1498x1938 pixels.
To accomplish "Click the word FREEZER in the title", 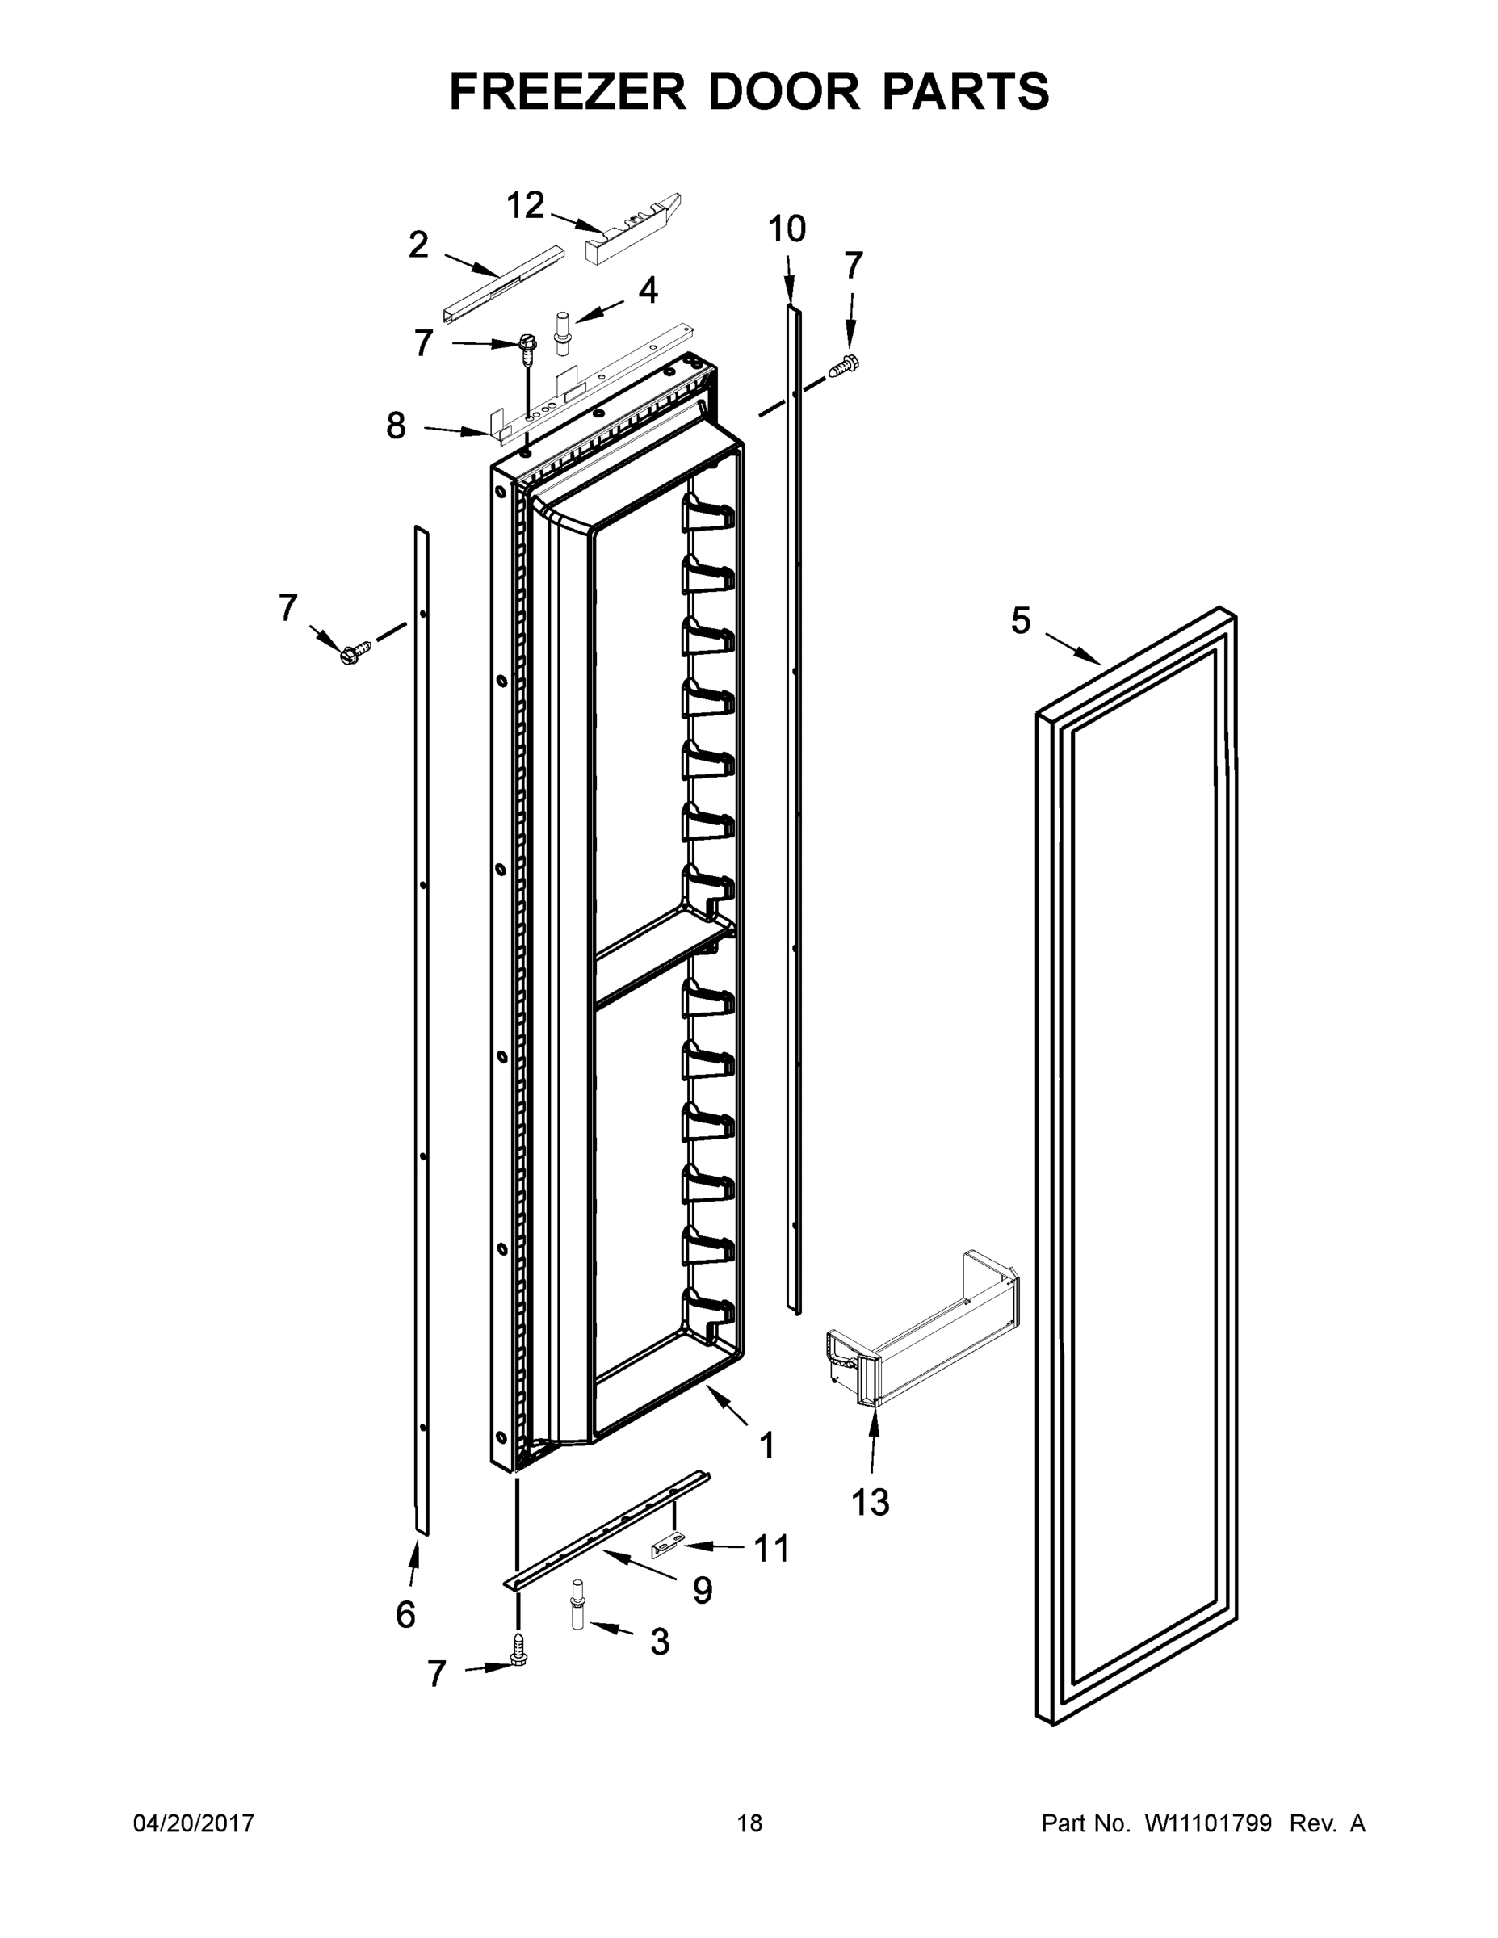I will tap(567, 91).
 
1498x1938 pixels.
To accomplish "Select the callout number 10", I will tap(787, 229).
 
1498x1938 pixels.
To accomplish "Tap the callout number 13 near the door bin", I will tap(870, 1502).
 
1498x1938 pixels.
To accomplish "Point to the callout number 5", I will tap(1021, 621).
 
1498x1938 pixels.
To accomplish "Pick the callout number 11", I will tap(771, 1549).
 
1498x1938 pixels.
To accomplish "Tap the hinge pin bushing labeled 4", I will tap(563, 333).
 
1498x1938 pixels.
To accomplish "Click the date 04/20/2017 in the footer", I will tap(194, 1823).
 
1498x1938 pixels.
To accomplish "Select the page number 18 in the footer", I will tap(749, 1823).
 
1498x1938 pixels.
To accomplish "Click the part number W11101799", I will tap(1208, 1823).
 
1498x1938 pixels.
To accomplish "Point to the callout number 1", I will tap(766, 1445).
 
